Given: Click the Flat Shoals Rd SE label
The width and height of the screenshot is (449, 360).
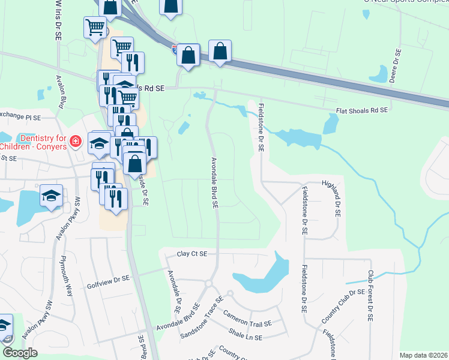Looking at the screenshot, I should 361,110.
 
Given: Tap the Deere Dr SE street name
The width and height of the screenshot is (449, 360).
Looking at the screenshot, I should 396,67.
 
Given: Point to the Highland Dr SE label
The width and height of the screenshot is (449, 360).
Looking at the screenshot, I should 331,198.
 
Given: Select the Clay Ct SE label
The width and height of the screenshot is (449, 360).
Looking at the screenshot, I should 192,254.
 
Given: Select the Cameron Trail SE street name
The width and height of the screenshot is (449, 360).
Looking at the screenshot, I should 247,319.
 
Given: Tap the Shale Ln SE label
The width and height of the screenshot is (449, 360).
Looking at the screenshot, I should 246,335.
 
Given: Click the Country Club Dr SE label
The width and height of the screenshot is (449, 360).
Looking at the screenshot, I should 344,306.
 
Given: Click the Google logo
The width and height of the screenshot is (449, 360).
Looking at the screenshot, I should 19,353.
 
